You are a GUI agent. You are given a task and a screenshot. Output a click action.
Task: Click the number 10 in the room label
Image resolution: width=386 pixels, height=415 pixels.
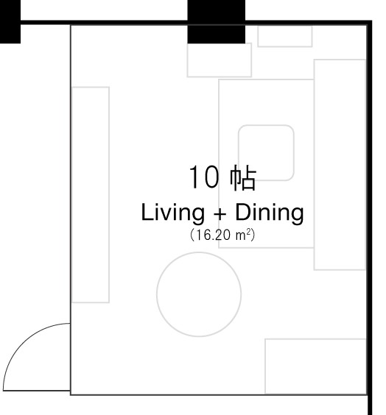pos(204,177)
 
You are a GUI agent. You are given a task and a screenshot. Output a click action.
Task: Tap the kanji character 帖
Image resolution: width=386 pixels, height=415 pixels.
pos(243,177)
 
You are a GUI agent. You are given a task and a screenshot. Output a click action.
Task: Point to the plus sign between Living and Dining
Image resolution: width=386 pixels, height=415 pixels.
pos(220,214)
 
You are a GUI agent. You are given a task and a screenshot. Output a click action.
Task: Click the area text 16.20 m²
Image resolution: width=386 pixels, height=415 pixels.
pos(222,235)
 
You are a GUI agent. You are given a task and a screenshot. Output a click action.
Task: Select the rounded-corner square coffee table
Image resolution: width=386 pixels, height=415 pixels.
pos(266,125)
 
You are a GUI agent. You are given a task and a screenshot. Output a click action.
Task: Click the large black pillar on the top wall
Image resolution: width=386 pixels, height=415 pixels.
pos(216,21)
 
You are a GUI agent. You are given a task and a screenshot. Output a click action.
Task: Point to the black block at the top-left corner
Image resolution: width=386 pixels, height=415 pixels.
pos(10,21)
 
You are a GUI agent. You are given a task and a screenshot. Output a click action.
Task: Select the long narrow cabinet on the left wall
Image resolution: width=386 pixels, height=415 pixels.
pos(91,194)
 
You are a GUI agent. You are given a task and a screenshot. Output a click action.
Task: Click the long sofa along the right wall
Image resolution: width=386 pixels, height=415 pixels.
pos(340,165)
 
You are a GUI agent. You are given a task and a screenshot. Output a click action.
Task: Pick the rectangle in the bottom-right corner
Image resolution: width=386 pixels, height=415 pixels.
pos(315,366)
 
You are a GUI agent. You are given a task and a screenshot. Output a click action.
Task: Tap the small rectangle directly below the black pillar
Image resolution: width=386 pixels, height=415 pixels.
pos(220,60)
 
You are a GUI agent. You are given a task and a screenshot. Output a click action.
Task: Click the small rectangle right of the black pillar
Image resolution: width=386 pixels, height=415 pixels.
pos(285,36)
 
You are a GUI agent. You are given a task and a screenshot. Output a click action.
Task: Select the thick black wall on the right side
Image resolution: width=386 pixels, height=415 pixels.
pos(370,218)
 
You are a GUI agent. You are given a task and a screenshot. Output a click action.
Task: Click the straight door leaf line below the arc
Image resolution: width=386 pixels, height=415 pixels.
pos(37,391)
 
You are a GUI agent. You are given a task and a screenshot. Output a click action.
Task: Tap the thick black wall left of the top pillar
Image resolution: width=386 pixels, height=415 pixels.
pos(104,23)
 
